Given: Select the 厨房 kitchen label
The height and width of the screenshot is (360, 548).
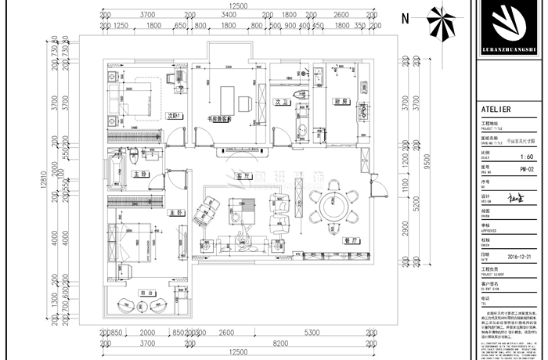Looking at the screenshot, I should click(340, 102).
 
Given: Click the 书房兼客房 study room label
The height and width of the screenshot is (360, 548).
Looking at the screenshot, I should click(225, 121).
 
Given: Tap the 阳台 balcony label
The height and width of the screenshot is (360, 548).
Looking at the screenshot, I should click(145, 293).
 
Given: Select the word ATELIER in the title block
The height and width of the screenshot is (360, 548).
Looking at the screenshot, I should click(496, 110).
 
